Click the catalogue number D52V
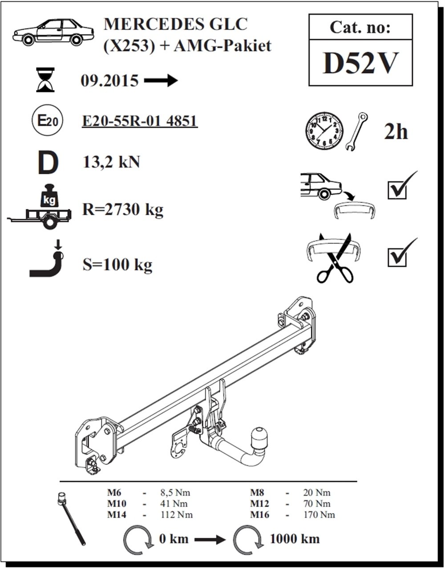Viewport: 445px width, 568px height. pos(360,63)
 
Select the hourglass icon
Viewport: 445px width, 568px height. pos(46,79)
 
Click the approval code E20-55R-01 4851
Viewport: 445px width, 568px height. pos(140,121)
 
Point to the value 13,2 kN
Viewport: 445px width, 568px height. pos(111,162)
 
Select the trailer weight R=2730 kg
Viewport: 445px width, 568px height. pos(123,210)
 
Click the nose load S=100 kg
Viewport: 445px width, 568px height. pos(117,265)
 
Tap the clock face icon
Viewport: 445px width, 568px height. pos(324,131)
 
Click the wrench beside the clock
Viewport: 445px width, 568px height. pos(356,131)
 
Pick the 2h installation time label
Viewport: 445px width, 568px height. pos(396,132)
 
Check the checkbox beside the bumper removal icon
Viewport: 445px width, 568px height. pos(396,191)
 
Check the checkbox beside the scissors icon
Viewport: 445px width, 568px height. pos(396,258)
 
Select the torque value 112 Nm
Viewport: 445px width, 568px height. pos(177,515)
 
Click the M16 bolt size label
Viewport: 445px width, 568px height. pos(259,515)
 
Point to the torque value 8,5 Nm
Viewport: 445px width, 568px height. pos(175,493)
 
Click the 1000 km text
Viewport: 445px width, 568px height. pos(295,539)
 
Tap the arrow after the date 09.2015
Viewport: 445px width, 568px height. pos(161,81)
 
